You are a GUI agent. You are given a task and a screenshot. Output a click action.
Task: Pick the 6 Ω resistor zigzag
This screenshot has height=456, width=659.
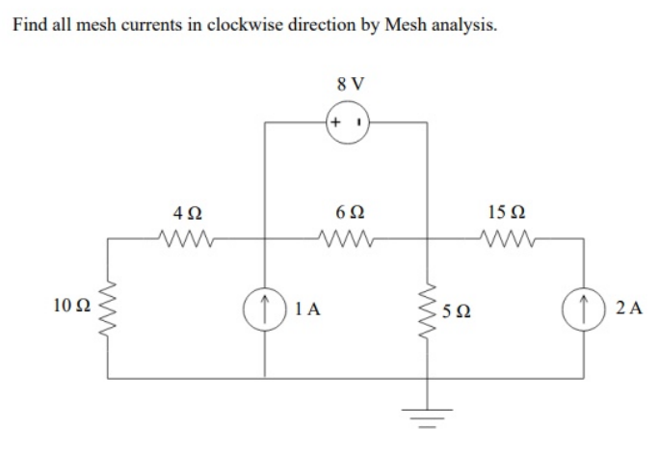[345, 234]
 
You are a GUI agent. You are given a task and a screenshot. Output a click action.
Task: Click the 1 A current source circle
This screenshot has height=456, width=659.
[266, 308]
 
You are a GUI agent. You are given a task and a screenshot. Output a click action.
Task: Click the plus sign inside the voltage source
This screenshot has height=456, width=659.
[335, 123]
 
